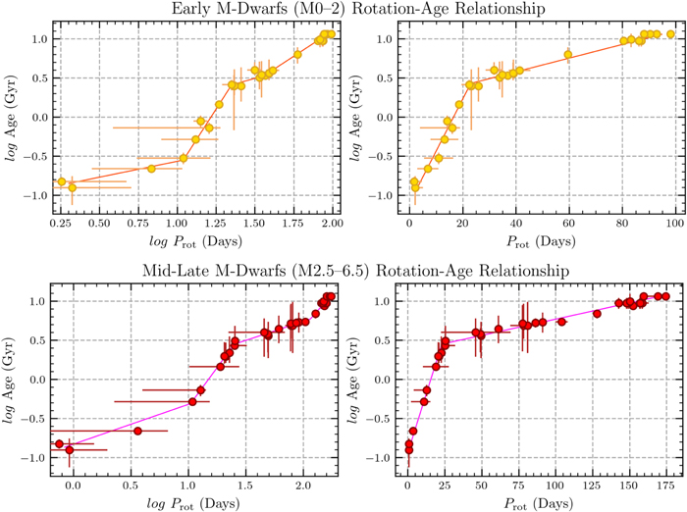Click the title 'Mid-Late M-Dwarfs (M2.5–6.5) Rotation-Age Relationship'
tap(343, 272)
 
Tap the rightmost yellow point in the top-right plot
tap(671, 34)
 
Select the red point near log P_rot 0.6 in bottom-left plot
tap(138, 431)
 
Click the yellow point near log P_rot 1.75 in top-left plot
tap(297, 54)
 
